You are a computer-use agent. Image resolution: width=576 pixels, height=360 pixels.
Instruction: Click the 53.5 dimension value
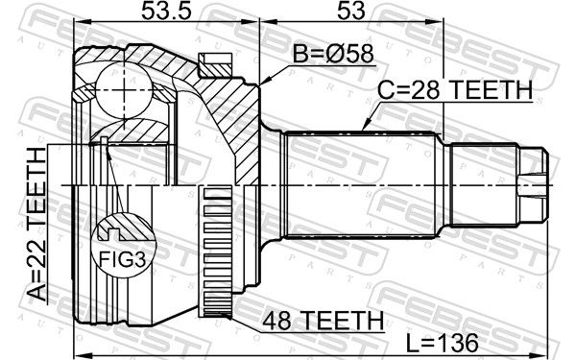[x=166, y=11]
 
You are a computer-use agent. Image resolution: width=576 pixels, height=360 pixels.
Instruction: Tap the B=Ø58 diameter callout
[x=333, y=54]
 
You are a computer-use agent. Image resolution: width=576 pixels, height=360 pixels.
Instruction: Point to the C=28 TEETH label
[x=455, y=90]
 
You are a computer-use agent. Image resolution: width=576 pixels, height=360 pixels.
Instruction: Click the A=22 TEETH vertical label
[x=37, y=224]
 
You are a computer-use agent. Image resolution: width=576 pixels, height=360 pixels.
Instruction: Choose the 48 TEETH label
[x=323, y=321]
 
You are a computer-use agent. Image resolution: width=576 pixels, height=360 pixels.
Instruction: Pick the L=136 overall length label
[x=443, y=344]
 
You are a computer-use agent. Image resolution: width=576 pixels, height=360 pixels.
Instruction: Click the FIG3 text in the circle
[x=123, y=260]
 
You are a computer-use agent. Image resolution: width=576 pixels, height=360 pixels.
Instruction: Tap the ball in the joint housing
[x=124, y=90]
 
